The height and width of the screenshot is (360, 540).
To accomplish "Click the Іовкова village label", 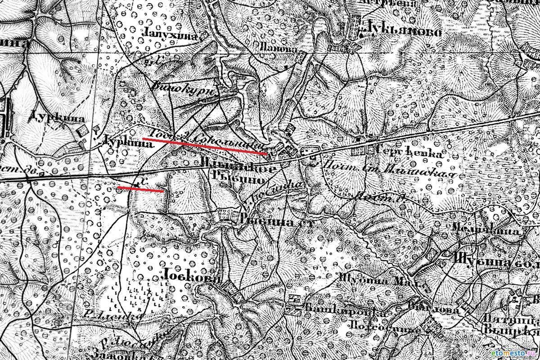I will (189, 278).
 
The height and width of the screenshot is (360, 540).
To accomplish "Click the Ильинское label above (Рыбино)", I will (238, 168).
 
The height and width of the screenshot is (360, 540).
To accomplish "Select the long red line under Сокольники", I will (205, 146).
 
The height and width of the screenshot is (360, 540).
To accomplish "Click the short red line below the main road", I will (140, 189).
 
